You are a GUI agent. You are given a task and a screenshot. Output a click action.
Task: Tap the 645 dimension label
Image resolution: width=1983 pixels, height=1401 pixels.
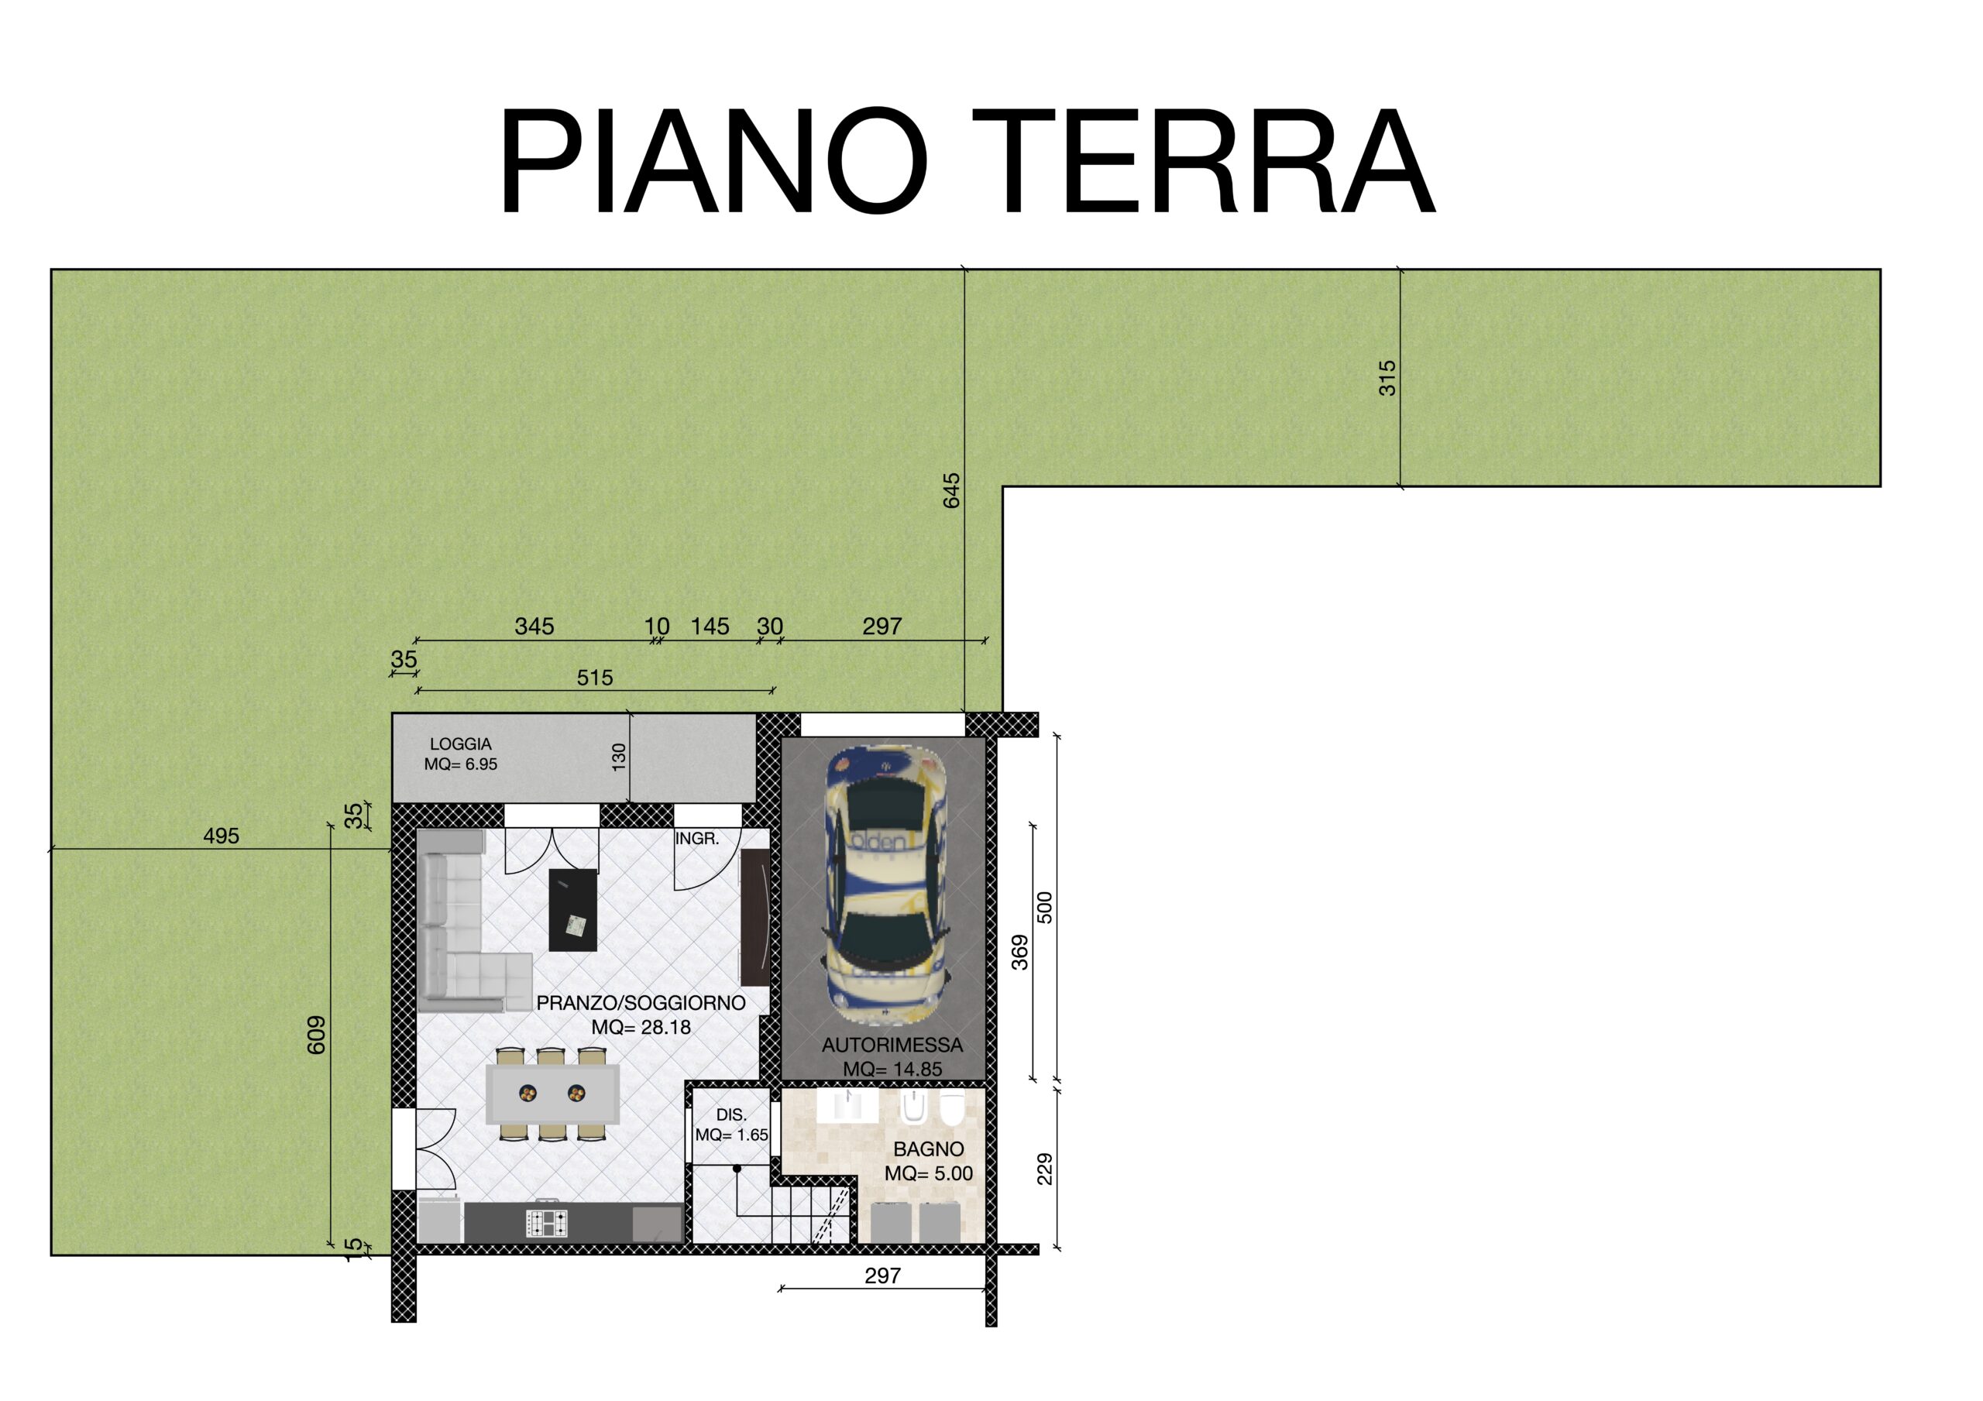click(x=951, y=490)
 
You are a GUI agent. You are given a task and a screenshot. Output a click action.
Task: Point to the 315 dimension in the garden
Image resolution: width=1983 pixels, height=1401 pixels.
click(x=1387, y=378)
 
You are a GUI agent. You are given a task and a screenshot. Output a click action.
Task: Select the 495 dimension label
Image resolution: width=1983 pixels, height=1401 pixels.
click(x=221, y=836)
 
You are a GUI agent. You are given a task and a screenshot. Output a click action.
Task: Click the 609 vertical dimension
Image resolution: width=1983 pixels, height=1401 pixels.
click(x=316, y=1035)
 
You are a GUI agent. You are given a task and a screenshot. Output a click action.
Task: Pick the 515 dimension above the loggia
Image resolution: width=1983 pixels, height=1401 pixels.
click(x=595, y=678)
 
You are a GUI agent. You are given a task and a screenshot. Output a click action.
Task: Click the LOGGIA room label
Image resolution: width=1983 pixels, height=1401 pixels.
click(x=461, y=743)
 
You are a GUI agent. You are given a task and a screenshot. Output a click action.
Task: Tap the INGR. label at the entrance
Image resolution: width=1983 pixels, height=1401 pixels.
click(x=697, y=839)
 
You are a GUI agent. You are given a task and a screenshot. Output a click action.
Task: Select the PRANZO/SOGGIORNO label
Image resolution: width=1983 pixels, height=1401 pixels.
click(x=641, y=1003)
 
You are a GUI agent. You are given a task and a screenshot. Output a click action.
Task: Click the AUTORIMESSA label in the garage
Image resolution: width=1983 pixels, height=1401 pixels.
click(x=892, y=1046)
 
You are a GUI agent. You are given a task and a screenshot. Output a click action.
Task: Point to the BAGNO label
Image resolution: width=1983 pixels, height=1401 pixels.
click(x=929, y=1149)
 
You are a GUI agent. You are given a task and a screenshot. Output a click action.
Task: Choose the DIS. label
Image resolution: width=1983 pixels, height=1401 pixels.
click(x=731, y=1115)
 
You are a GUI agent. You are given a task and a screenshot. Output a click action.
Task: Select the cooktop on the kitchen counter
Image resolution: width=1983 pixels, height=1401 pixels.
click(x=548, y=1223)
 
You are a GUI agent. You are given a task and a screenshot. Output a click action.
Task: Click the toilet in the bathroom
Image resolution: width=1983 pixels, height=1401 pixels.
click(x=952, y=1108)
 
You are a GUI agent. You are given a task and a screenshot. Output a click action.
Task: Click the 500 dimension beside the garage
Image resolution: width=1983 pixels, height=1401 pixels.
click(x=1045, y=908)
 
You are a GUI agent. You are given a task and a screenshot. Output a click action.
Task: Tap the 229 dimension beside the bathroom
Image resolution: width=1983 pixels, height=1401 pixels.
click(x=1045, y=1169)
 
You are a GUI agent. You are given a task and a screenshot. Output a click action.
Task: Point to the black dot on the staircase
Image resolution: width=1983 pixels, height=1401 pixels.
click(x=737, y=1169)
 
